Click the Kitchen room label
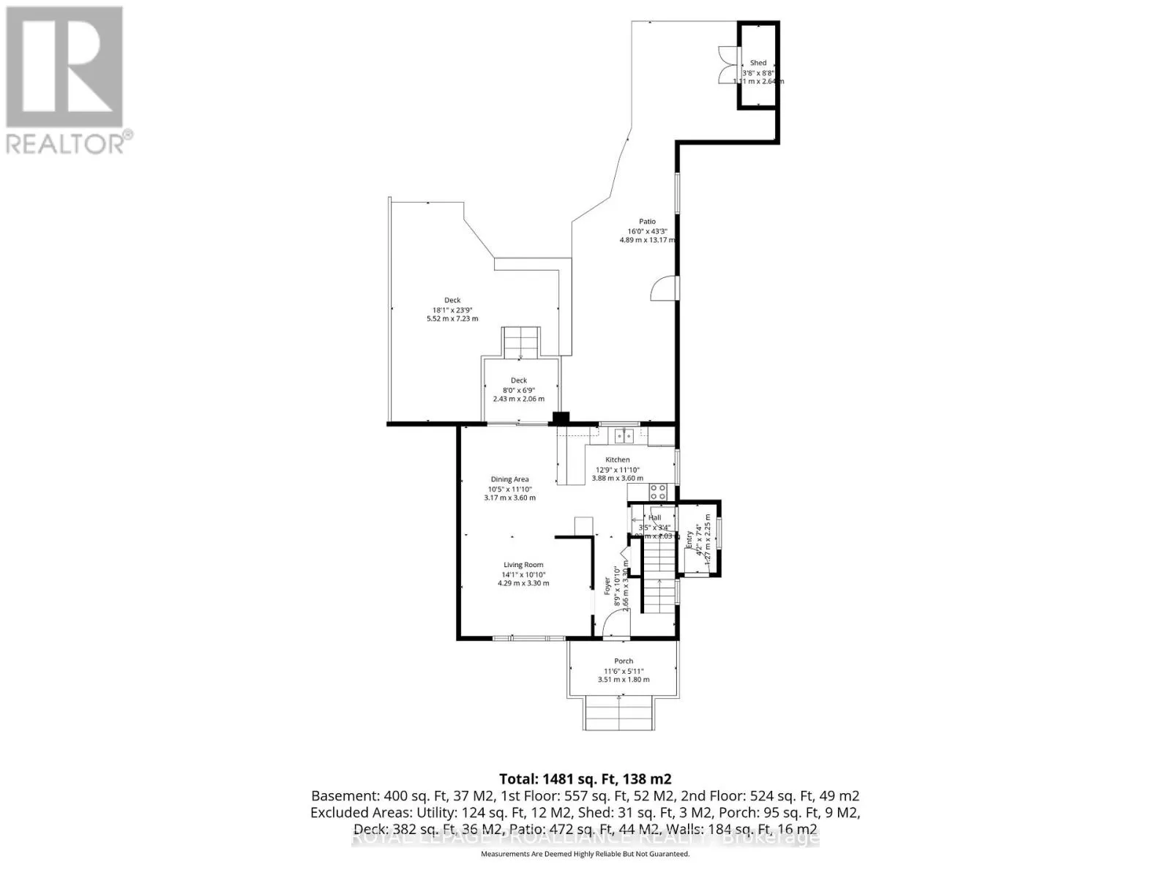click(617, 459)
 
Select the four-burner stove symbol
click(658, 492)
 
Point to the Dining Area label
click(509, 479)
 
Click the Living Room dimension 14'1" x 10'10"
click(523, 574)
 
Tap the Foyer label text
click(607, 585)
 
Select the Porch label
click(624, 661)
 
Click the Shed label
click(758, 63)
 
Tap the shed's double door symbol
click(725, 66)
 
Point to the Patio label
click(647, 221)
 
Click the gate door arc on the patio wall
click(662, 288)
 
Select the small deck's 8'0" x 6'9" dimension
click(519, 389)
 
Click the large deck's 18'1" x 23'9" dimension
click(452, 309)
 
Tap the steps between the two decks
click(520, 342)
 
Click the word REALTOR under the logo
click(66, 143)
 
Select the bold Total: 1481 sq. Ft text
click(585, 778)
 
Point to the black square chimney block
click(561, 419)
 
